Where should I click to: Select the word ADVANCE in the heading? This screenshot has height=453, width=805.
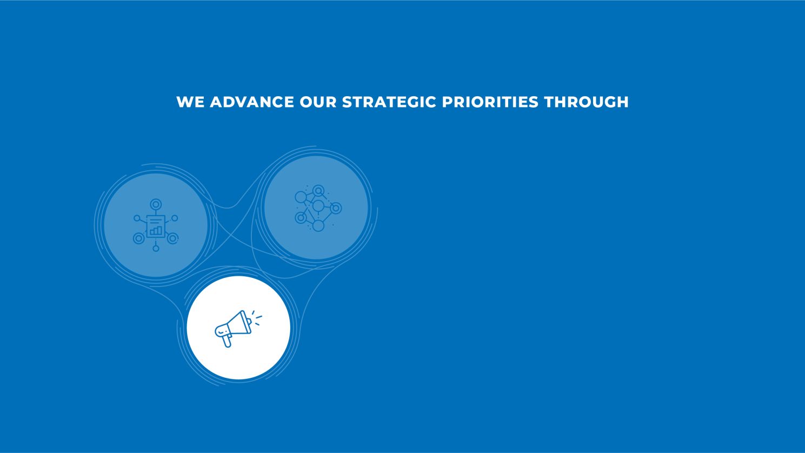click(251, 102)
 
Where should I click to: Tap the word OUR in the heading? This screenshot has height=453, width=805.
click(318, 102)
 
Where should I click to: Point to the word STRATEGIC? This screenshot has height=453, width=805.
click(389, 102)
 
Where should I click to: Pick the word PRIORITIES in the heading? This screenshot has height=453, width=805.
click(490, 102)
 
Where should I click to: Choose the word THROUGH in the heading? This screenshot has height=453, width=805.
click(587, 102)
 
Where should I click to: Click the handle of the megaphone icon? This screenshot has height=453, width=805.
click(227, 341)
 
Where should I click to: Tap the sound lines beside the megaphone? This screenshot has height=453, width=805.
click(257, 318)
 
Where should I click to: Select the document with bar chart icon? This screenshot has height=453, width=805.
click(156, 226)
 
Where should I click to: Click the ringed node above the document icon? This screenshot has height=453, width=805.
click(156, 204)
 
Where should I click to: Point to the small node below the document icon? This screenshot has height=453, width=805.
click(156, 249)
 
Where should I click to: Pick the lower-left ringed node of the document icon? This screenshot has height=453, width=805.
click(139, 238)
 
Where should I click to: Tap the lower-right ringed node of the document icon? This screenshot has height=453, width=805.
click(172, 238)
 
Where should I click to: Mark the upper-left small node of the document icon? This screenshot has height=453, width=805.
click(137, 218)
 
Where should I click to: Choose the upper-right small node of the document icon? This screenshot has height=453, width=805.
click(175, 218)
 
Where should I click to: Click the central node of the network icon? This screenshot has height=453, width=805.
click(318, 206)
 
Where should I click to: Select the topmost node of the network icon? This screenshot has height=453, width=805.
click(318, 190)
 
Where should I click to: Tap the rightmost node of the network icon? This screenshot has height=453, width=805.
click(336, 208)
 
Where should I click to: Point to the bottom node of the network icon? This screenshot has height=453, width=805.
click(318, 225)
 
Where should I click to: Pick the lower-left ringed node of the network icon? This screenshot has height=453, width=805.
click(301, 218)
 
